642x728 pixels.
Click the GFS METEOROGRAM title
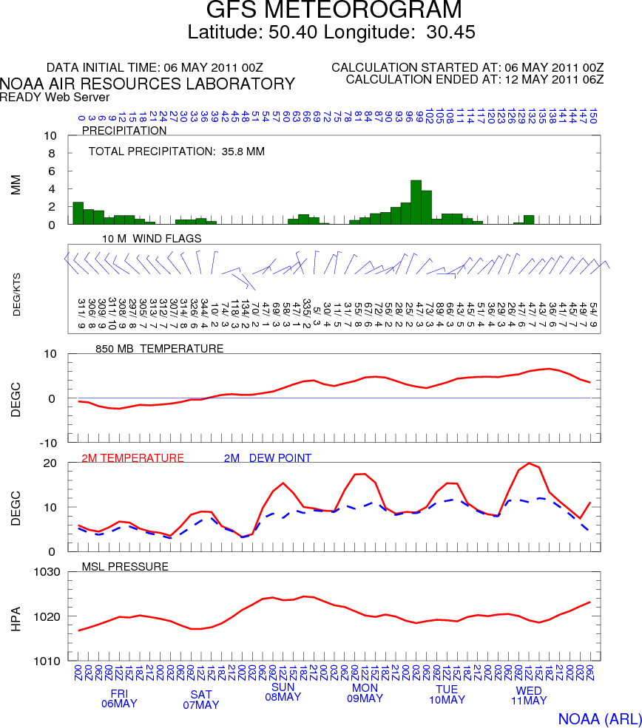(334, 10)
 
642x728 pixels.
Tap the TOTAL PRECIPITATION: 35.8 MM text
(177, 152)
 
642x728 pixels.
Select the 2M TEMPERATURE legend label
(132, 458)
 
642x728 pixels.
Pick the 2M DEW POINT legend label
(267, 458)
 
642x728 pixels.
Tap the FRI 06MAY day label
(119, 698)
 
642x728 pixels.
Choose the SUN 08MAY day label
(283, 692)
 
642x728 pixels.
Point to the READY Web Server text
(55, 97)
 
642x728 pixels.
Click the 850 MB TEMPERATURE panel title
(159, 348)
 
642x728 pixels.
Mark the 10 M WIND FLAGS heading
(152, 238)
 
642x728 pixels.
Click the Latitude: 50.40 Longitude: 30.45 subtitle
(331, 32)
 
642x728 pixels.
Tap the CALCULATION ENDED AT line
(475, 79)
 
